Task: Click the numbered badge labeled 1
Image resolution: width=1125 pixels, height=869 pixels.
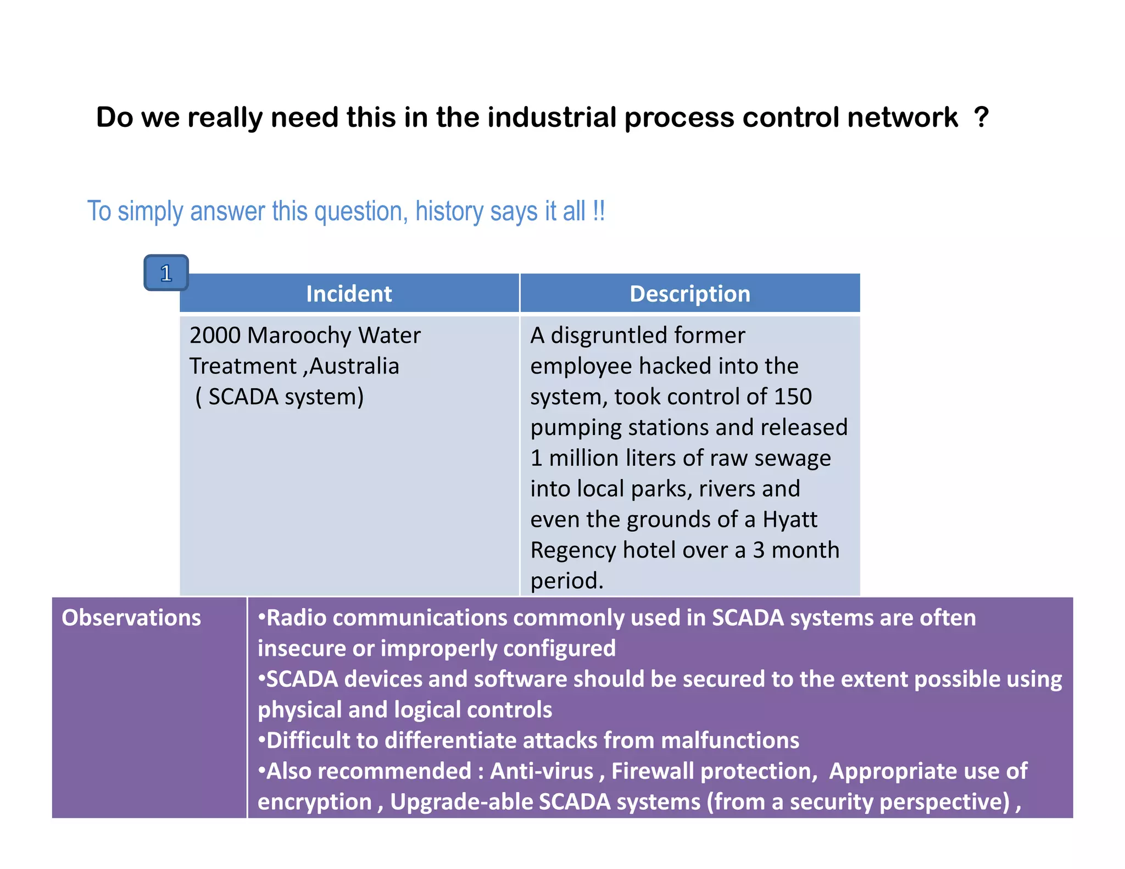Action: [166, 273]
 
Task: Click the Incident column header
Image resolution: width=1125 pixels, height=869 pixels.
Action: [349, 294]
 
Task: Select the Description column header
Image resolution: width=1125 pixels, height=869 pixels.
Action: [689, 294]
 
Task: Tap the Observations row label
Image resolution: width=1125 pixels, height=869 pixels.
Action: [131, 618]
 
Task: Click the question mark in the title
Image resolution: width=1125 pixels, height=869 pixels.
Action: [981, 117]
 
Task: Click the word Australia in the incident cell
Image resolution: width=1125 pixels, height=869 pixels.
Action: [354, 366]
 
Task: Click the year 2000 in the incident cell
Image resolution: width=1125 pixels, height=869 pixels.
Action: [215, 336]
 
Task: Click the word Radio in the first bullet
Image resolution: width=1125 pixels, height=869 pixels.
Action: [296, 618]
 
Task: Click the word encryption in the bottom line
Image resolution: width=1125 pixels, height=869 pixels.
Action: [315, 802]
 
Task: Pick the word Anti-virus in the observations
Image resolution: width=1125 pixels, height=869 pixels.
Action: [542, 771]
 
